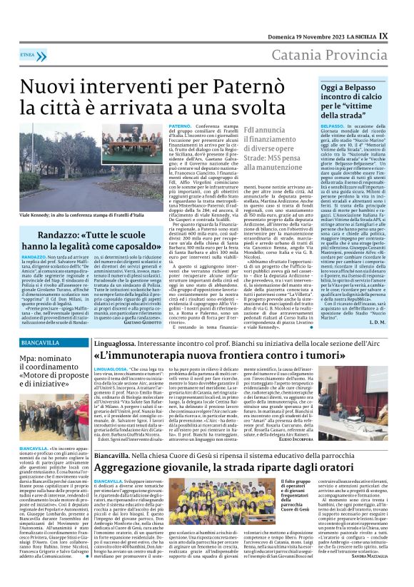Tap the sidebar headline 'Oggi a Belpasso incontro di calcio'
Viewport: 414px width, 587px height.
pyautogui.click(x=354, y=98)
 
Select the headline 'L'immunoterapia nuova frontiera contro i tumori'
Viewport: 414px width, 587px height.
pyautogui.click(x=243, y=353)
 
